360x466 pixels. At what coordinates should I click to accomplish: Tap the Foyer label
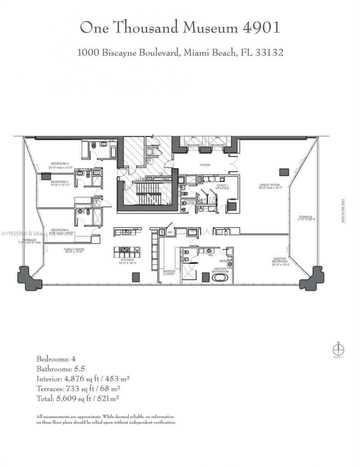[205, 165]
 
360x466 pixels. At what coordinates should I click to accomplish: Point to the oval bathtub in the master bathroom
[220, 278]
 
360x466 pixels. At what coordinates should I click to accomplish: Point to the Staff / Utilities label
[222, 187]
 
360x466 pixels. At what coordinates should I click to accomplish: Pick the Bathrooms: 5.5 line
[61, 368]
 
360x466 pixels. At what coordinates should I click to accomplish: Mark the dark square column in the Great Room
[283, 171]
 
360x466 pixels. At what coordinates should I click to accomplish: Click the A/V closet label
[170, 232]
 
